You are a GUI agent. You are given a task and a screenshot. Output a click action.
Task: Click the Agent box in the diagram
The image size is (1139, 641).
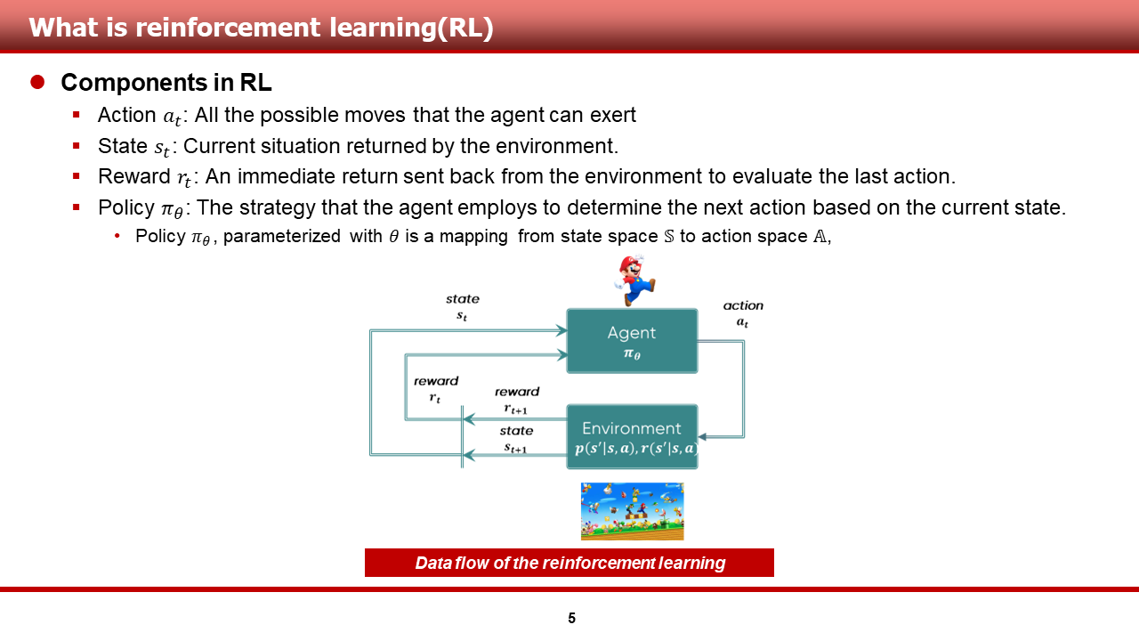click(632, 341)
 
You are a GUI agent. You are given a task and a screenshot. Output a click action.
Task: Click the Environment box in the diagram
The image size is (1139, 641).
click(632, 436)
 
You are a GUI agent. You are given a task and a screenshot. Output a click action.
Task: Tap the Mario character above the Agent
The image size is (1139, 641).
click(634, 280)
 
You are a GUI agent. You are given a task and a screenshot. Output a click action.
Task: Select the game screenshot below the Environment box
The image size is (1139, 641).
click(632, 511)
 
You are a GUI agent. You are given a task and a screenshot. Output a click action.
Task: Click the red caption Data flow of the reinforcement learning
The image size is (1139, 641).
click(569, 563)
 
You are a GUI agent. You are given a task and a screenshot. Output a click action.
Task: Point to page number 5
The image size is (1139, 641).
click(571, 618)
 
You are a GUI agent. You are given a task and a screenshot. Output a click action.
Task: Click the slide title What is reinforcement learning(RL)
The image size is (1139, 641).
click(261, 28)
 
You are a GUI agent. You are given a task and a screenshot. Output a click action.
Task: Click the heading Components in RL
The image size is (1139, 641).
click(166, 83)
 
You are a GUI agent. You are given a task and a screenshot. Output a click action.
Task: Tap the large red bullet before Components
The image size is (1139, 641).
click(37, 82)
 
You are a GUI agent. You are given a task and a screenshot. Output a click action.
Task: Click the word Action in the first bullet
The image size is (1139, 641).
click(126, 115)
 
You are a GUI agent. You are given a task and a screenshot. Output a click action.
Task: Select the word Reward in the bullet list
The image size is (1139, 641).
click(134, 176)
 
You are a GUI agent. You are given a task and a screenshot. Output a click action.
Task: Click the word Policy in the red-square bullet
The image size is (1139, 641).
click(126, 207)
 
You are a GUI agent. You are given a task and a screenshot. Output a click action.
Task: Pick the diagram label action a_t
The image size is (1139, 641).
click(743, 313)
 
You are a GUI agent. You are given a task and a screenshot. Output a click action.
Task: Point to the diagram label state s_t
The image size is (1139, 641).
click(462, 307)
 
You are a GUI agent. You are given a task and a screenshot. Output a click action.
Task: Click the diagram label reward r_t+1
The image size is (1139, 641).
click(517, 400)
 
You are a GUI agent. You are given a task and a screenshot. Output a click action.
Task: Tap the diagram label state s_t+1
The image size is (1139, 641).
click(516, 439)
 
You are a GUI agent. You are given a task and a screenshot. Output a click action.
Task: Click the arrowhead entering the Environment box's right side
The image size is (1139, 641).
click(702, 436)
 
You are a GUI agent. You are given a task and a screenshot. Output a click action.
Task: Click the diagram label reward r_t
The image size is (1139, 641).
click(436, 389)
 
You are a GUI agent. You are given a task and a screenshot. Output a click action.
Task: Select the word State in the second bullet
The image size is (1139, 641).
click(123, 146)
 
